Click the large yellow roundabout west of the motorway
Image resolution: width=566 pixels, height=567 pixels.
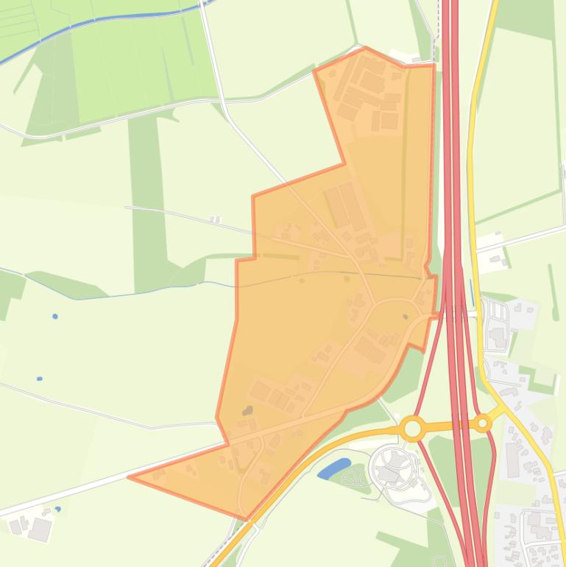click(x=413, y=428)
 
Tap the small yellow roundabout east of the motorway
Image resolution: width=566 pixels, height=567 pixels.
click(x=482, y=423)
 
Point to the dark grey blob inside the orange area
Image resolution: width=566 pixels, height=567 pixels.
click(x=248, y=410)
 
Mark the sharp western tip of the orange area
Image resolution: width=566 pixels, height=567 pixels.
click(x=130, y=477)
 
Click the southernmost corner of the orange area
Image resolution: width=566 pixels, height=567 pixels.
click(x=247, y=518)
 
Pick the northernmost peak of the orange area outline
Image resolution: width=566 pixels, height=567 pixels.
click(x=366, y=49)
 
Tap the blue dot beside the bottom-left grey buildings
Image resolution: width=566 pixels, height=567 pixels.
click(x=57, y=509)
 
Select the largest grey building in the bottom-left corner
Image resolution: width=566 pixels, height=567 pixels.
click(x=40, y=529)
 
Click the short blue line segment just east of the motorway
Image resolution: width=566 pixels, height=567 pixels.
click(x=472, y=291)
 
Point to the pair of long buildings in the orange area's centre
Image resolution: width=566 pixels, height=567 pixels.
click(x=344, y=206)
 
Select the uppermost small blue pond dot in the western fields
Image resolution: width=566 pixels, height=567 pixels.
click(x=55, y=317)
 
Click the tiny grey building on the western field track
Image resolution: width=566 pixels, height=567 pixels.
click(x=215, y=219)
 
